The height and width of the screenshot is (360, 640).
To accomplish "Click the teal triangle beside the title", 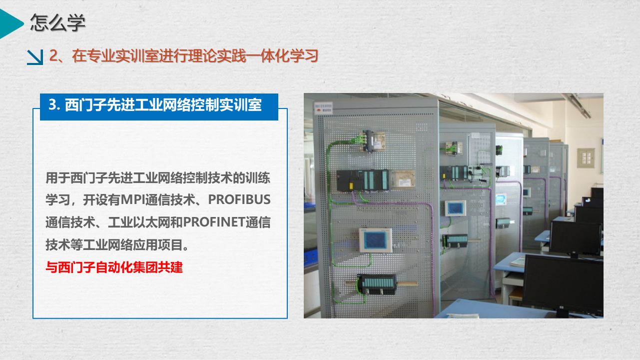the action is coord(10,23).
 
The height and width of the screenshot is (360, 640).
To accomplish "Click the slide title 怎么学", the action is coord(58,22).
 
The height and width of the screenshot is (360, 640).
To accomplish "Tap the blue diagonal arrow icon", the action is coord(35,57).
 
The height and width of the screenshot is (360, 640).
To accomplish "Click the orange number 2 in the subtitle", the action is coord(53,55).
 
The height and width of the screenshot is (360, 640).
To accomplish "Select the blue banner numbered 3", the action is coord(159,106).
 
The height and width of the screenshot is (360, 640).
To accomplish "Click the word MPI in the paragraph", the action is coord(133,199).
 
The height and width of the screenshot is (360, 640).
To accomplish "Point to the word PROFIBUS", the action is coord(239,199).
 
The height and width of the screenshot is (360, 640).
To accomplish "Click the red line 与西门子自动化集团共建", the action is coord(114,267).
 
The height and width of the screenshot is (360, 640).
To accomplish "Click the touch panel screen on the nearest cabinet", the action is coord(375,240).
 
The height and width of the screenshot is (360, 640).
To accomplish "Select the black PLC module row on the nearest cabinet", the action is coord(363,180).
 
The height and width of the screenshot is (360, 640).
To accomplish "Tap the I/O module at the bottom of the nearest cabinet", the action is coord(377,284).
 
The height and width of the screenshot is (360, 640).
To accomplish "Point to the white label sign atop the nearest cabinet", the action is coord(323,108).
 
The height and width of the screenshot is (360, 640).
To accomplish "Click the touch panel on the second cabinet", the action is coord(455,208).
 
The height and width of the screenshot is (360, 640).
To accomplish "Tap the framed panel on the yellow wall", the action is coord(586,158).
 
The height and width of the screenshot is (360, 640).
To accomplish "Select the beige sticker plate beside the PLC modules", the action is coord(403,179).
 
